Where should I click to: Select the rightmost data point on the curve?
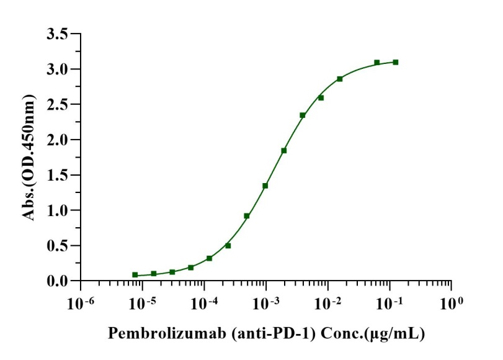(x=396, y=62)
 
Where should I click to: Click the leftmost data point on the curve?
(x=135, y=274)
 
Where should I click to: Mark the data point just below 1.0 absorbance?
(x=247, y=216)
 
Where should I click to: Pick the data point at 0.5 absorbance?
(x=228, y=246)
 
